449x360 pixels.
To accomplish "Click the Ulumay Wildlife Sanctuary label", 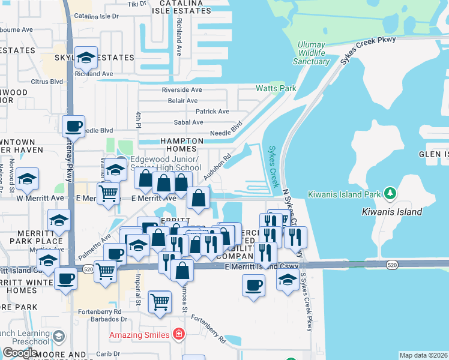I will point(314,53).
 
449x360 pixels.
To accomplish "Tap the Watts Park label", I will point(276,88).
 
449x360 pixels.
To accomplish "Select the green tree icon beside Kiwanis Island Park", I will point(391,193).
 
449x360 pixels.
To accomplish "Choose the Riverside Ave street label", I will point(182,90).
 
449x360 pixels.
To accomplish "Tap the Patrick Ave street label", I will point(212,112).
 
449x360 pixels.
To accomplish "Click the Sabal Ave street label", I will point(188,122).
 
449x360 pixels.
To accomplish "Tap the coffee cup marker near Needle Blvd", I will point(73,127).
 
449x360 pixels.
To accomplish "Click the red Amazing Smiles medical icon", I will point(178,333).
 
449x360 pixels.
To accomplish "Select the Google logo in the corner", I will point(20,353).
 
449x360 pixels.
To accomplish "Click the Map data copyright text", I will point(423,355).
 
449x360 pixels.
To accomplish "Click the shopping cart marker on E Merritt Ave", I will point(108,194).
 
